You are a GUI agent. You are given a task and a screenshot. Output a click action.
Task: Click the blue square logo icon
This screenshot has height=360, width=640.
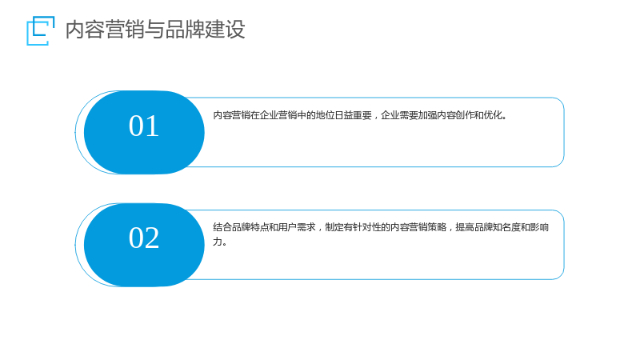[40, 30]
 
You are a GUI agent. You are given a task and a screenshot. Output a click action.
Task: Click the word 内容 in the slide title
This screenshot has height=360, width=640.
[86, 30]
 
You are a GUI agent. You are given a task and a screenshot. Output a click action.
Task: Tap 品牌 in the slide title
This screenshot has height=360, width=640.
[186, 30]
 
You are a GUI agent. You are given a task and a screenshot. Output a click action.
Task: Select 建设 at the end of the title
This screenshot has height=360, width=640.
[226, 30]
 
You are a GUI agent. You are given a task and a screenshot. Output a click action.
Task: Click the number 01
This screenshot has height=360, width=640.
[144, 126]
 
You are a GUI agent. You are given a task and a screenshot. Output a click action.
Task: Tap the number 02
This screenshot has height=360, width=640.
[144, 238]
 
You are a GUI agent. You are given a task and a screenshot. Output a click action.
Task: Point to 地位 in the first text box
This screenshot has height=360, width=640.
[325, 115]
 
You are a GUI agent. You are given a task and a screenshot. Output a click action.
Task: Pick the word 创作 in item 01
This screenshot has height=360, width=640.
[465, 115]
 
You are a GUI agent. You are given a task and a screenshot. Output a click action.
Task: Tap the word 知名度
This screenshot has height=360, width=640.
[506, 227]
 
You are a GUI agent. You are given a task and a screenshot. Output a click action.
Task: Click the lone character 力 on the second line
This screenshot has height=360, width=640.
[218, 242]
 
